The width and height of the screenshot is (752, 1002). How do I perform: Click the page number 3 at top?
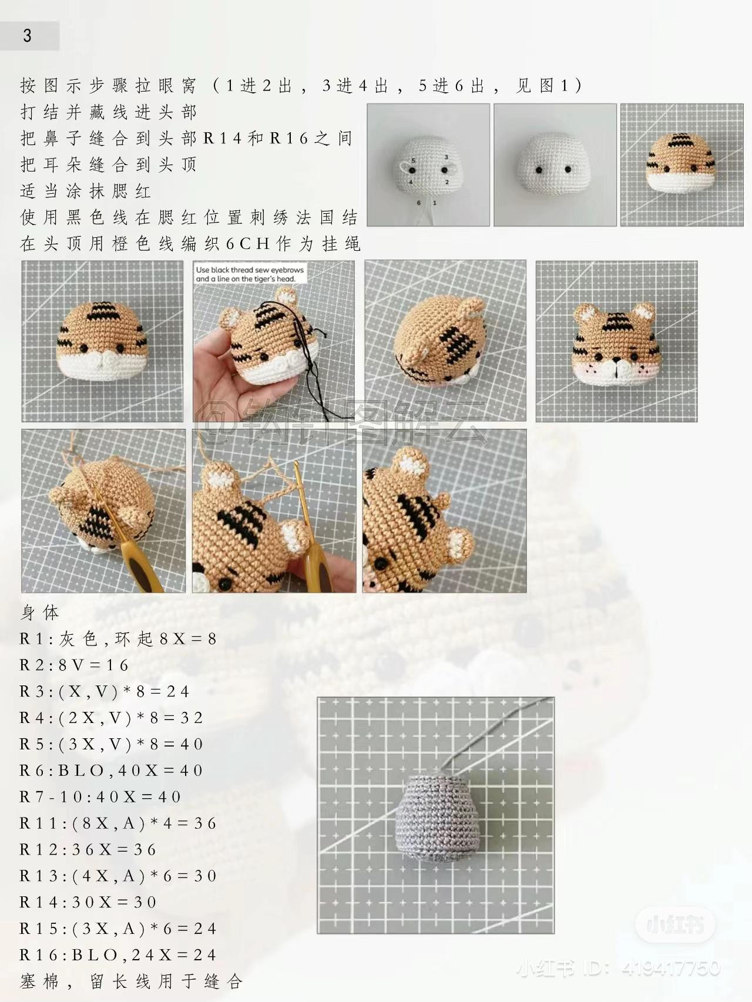27,36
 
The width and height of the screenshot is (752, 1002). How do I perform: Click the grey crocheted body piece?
435,819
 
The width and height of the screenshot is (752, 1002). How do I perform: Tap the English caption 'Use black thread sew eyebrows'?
250,270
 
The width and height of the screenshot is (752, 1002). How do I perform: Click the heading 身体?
39,613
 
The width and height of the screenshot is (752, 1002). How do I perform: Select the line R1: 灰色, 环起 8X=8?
118,639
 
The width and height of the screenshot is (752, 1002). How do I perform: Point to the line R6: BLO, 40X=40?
111,771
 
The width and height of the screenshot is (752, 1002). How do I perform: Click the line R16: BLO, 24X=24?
117,955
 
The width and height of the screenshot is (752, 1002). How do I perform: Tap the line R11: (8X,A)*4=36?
117,823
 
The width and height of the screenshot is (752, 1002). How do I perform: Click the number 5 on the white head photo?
413,160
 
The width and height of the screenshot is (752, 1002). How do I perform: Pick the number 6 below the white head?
418,203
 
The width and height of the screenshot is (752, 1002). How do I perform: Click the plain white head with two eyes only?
555,164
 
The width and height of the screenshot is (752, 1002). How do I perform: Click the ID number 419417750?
670,968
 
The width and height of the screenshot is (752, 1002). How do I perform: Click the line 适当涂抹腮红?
86,191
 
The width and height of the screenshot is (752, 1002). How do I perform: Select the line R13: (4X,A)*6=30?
117,876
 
